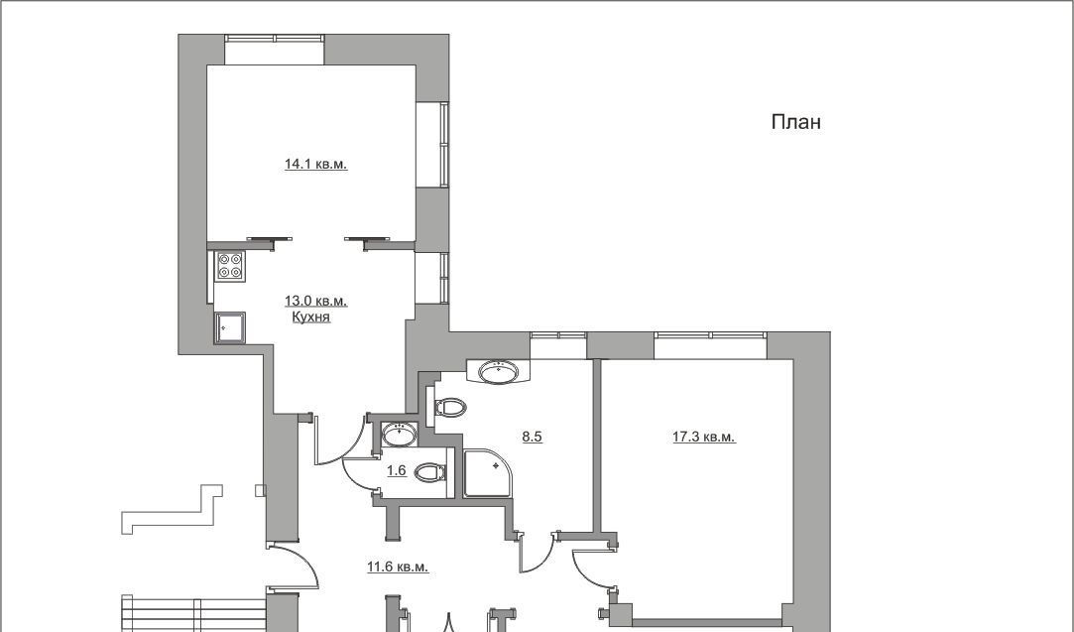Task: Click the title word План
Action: pos(796,122)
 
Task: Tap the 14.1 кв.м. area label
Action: pos(315,164)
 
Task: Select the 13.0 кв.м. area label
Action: pos(315,301)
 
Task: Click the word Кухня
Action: pos(311,316)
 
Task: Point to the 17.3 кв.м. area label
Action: pos(704,437)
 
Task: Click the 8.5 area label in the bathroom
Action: pos(533,437)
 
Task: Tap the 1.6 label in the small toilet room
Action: pos(397,471)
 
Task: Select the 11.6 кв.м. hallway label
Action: pos(398,567)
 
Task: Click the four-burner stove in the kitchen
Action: pos(231,266)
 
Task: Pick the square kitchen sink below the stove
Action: pos(229,328)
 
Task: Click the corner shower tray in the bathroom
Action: pos(487,473)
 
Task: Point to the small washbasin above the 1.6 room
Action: pos(399,435)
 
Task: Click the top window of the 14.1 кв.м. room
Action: pos(275,50)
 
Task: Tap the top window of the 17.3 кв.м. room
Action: pos(710,345)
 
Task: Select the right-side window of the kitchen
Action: pos(432,278)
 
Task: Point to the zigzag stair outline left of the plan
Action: pos(172,509)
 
